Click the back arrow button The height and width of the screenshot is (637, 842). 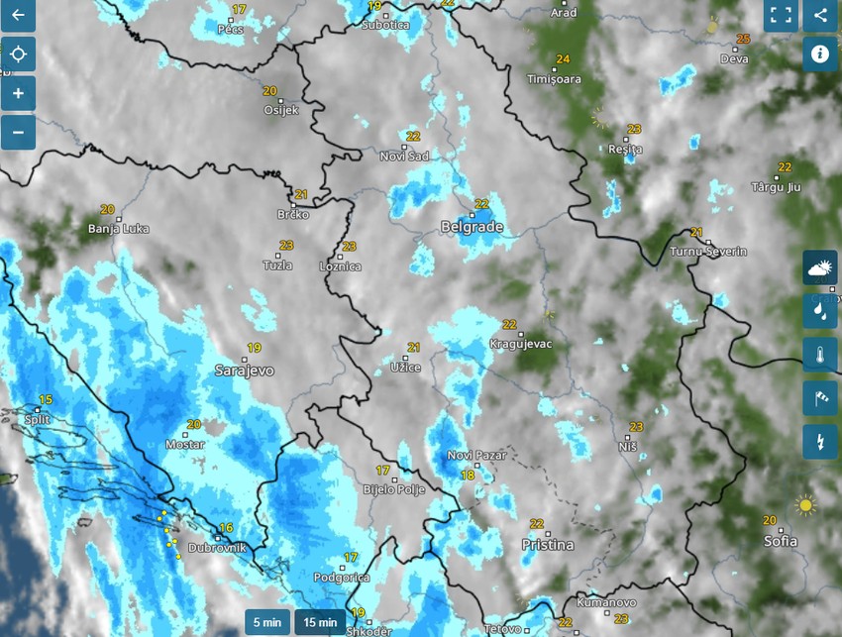point(17,16)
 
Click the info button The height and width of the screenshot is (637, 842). point(819,53)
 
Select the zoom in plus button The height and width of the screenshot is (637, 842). point(18,94)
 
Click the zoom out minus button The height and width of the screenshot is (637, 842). point(18,131)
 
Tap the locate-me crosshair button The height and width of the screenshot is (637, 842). point(18,54)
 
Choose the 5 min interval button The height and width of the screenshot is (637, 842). point(266,622)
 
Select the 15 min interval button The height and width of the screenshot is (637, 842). point(319,622)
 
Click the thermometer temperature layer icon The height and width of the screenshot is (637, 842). point(819,354)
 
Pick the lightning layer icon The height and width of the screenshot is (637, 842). point(819,441)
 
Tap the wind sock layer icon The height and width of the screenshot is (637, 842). point(819,397)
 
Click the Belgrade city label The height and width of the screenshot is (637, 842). point(472,227)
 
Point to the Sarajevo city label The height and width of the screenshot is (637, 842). point(244,371)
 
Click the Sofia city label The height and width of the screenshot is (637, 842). point(780,541)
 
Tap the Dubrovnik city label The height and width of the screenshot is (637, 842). point(216,547)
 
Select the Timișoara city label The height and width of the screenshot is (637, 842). point(554,78)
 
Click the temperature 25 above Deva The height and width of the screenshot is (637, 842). point(743,40)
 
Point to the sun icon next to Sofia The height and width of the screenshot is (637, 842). point(806,506)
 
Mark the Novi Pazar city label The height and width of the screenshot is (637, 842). point(476,455)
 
